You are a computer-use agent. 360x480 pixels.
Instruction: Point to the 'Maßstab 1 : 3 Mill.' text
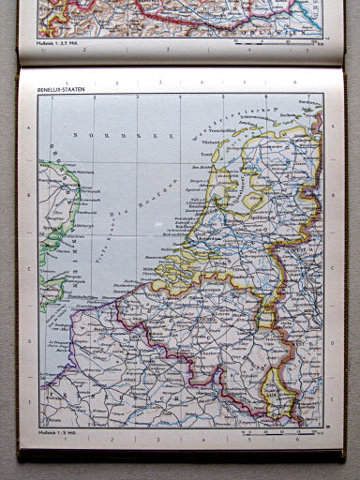[56, 431]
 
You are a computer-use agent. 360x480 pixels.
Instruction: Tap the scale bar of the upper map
[281, 42]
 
